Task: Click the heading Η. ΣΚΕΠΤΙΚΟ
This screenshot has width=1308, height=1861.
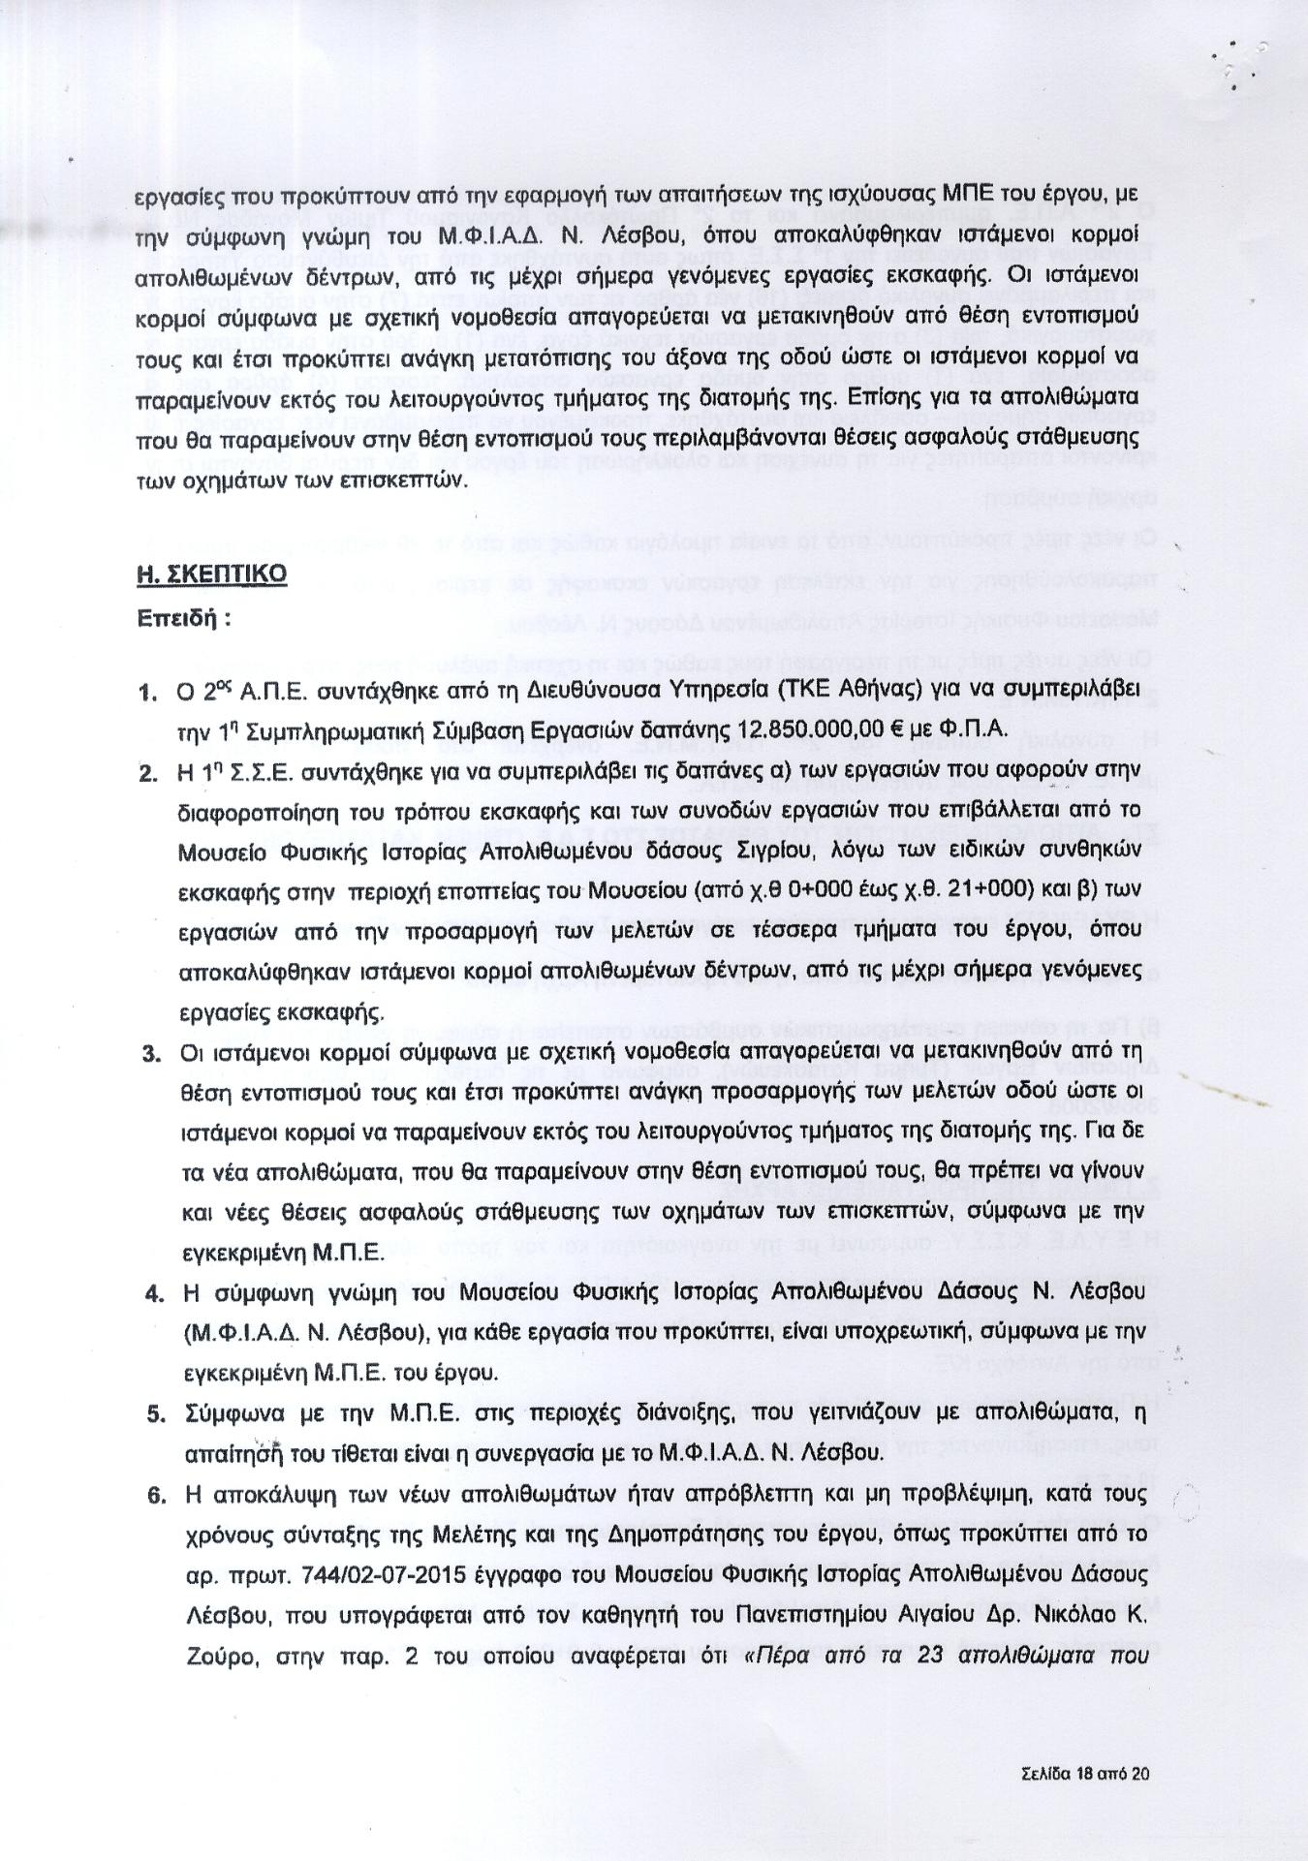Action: tap(211, 574)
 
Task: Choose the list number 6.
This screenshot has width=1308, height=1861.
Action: tap(157, 1495)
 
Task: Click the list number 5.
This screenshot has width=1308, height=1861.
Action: tap(156, 1414)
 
